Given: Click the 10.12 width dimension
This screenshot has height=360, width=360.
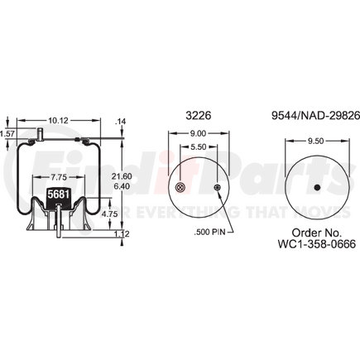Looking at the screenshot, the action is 59,121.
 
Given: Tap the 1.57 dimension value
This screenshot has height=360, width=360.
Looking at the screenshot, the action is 7,134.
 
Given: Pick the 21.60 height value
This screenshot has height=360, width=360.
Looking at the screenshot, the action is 122,176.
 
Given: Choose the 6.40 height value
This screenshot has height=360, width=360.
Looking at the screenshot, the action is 122,186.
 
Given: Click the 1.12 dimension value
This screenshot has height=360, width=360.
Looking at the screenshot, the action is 122,234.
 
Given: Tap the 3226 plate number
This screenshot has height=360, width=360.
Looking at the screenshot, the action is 199,115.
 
